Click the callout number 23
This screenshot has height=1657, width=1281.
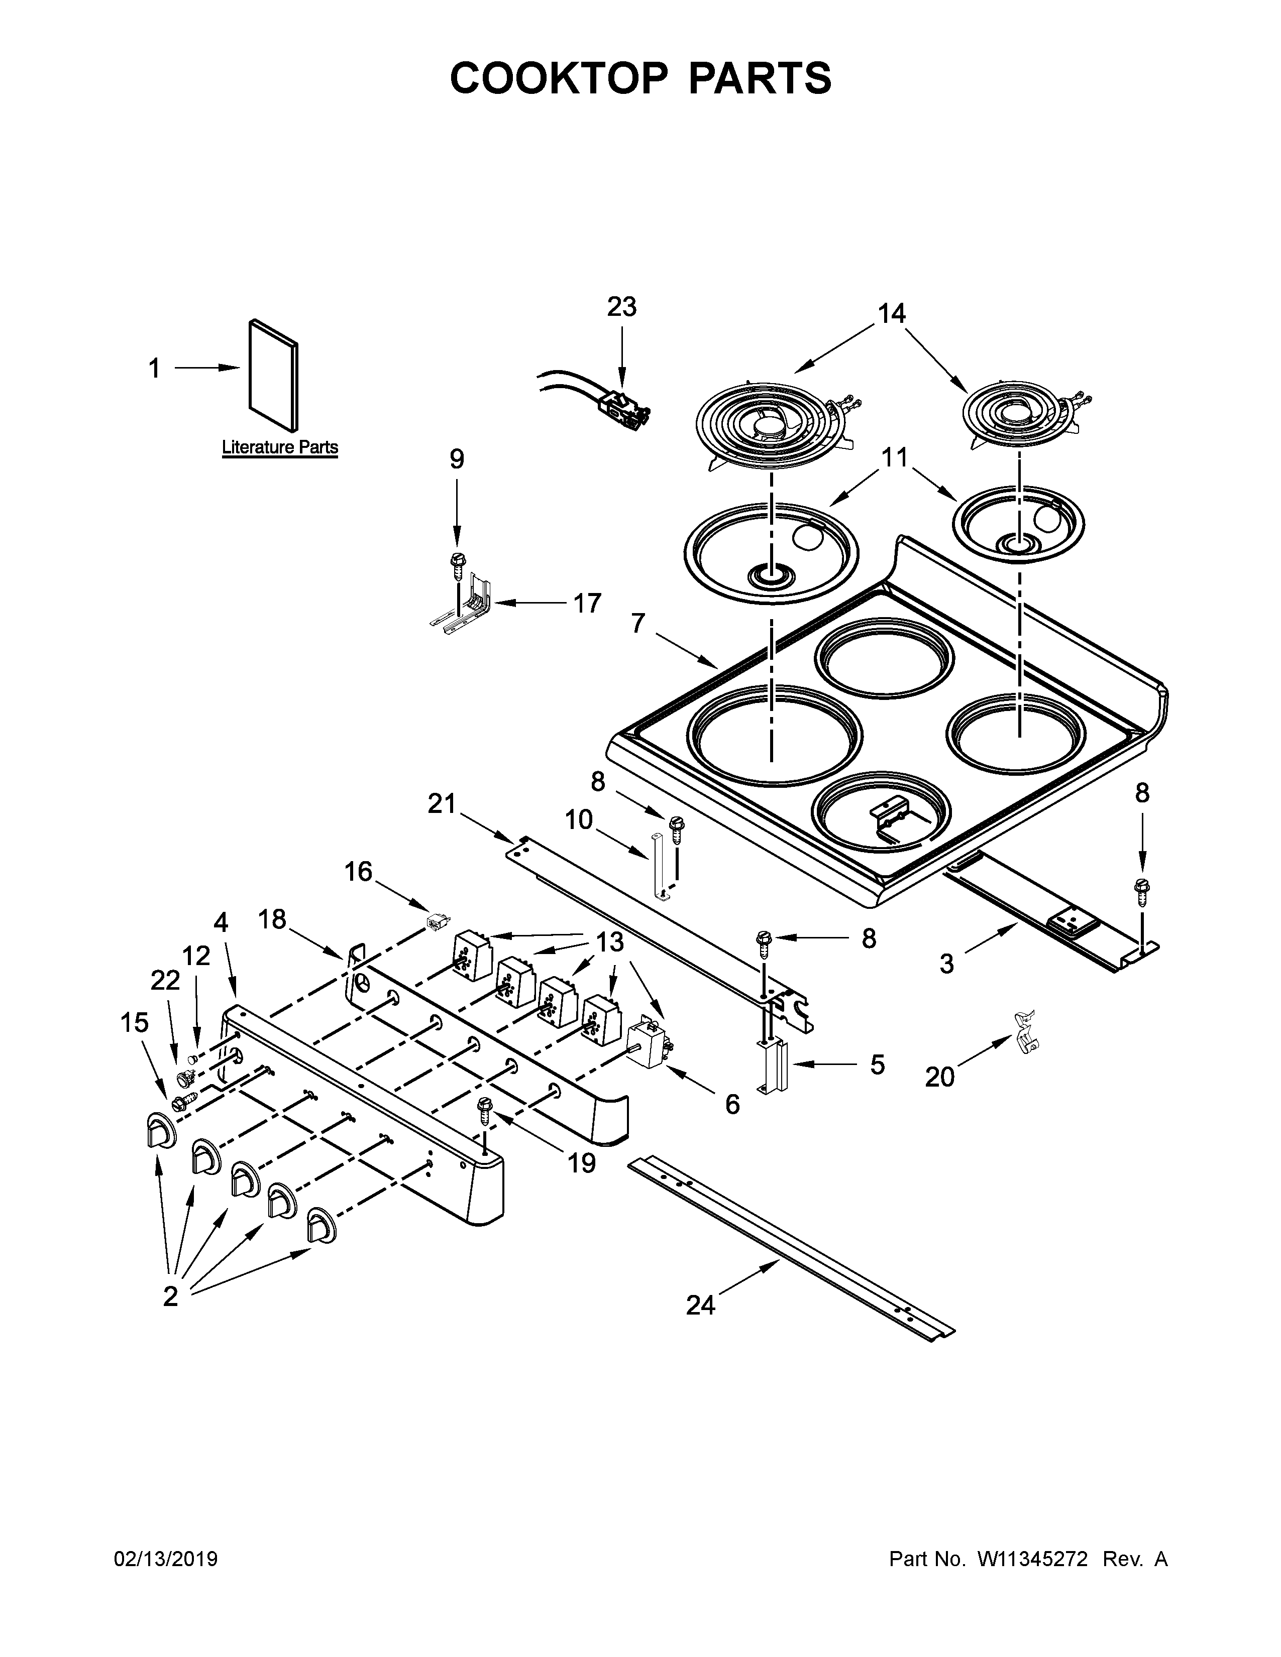621,307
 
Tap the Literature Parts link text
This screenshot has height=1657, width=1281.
279,447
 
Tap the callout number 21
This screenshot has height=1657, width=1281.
441,803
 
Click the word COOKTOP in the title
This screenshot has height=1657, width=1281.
559,78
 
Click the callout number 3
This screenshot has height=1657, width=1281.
946,964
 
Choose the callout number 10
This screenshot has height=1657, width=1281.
578,820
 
